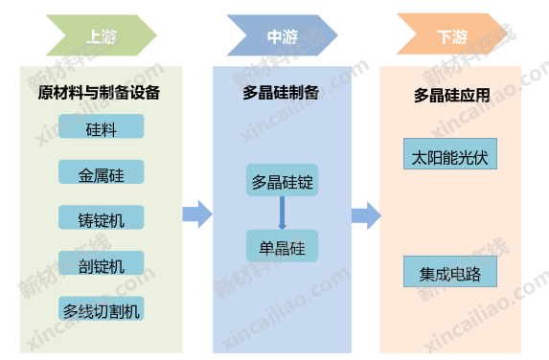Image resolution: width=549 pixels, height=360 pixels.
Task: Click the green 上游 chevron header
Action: click(x=101, y=37)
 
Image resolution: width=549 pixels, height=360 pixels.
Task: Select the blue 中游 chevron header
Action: click(x=280, y=37)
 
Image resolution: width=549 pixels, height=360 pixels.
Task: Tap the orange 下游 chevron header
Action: click(x=451, y=37)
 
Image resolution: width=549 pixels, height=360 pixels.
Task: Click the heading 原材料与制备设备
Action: click(x=99, y=94)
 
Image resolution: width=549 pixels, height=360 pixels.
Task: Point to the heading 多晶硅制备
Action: click(x=280, y=95)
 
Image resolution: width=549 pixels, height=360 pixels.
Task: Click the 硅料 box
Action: click(x=101, y=127)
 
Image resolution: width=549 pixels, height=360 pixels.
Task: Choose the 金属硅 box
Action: click(x=101, y=172)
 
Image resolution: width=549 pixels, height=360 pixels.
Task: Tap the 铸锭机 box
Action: click(x=101, y=217)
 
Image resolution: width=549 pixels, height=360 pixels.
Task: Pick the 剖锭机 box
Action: click(x=101, y=262)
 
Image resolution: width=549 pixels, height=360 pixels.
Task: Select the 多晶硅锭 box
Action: click(x=282, y=181)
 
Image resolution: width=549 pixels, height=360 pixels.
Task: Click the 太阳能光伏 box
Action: click(x=450, y=156)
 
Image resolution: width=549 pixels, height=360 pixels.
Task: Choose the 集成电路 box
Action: click(x=450, y=273)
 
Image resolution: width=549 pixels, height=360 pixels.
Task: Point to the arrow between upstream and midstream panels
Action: click(x=197, y=214)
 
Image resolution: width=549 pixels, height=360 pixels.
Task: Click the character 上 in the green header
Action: click(x=93, y=37)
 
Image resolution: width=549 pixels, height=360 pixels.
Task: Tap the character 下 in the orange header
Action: click(x=444, y=37)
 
